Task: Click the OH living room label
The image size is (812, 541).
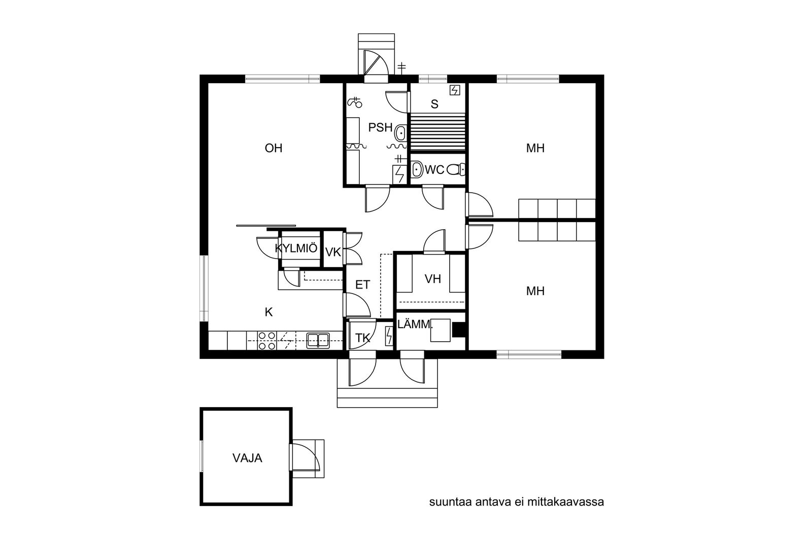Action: [274, 148]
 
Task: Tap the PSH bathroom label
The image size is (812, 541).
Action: [380, 127]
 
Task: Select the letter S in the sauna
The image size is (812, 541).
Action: [434, 104]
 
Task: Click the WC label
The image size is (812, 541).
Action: [434, 169]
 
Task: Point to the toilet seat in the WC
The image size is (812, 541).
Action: [456, 169]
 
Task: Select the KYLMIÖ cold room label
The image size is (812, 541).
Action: [296, 248]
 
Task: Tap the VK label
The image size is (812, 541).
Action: [333, 253]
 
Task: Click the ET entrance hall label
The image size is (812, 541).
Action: [362, 285]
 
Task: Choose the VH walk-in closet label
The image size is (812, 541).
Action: [433, 279]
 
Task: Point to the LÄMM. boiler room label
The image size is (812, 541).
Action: [415, 324]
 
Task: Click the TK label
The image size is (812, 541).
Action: [362, 338]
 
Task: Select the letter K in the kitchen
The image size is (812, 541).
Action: [268, 312]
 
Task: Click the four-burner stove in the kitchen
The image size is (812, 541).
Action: [266, 341]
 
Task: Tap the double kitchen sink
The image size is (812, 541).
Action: [318, 341]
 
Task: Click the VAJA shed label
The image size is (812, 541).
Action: [247, 458]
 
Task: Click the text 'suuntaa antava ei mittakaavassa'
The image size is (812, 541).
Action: [517, 502]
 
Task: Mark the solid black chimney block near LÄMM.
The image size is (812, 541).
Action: [459, 330]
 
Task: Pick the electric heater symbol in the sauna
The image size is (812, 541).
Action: [455, 90]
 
